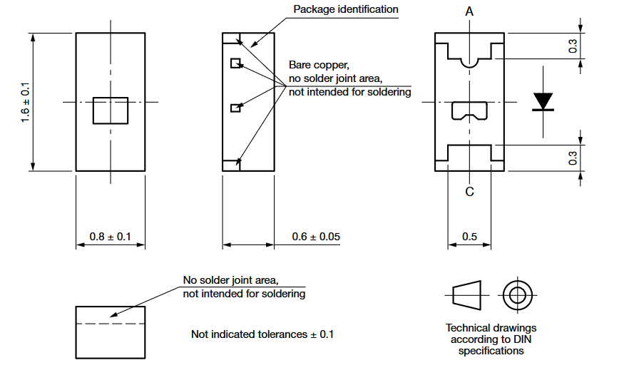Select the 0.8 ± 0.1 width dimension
[x=110, y=236]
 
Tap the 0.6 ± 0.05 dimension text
[x=316, y=236]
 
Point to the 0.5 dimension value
[x=469, y=236]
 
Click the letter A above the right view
[x=469, y=12]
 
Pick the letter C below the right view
[x=469, y=191]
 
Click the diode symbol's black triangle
[x=543, y=101]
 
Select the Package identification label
[x=346, y=9]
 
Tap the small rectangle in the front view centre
[x=111, y=111]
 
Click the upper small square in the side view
[x=235, y=63]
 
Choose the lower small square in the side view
[x=235, y=108]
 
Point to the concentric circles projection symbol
[x=517, y=294]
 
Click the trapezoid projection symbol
[x=467, y=294]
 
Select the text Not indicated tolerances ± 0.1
[x=262, y=334]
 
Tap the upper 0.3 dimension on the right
[x=573, y=47]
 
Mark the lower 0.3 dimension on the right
[x=573, y=158]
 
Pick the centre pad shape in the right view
[x=469, y=111]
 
